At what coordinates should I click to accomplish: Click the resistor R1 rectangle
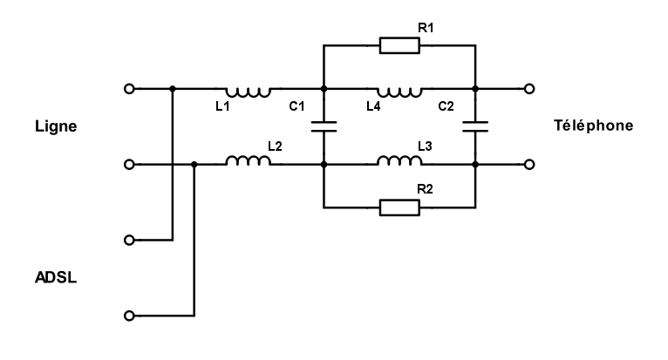399,45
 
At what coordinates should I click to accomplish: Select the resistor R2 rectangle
399,207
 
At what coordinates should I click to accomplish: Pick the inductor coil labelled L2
248,162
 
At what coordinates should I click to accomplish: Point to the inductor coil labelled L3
399,162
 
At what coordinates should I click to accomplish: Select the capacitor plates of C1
324,126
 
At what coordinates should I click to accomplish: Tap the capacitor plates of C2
475,126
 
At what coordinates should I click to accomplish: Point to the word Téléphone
593,126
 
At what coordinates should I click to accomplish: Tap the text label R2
426,189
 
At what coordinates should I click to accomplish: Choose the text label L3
426,146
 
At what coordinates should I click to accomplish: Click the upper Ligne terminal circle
130,88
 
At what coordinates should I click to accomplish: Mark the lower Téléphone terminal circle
529,164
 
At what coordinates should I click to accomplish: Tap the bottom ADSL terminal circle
130,315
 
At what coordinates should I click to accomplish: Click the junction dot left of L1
173,88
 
